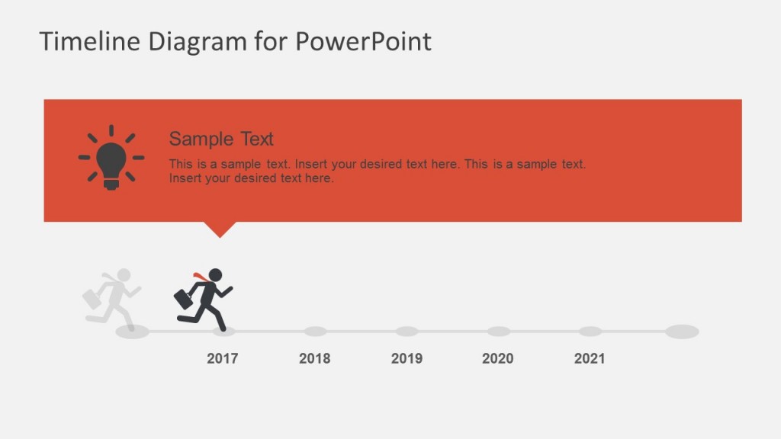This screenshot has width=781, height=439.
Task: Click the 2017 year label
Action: pos(222,358)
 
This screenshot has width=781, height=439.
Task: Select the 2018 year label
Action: pos(314,358)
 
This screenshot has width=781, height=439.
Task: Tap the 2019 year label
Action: pos(407,358)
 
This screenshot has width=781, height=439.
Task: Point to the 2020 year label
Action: pos(498,358)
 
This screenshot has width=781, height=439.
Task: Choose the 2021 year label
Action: pos(590,358)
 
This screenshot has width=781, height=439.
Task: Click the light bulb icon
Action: pos(111,158)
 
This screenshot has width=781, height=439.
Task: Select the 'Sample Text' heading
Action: pos(221,139)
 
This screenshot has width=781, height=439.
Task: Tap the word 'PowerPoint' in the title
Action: pos(363,41)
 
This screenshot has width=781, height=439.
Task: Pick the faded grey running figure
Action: pos(114,299)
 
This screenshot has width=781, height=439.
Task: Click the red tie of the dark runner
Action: pos(199,276)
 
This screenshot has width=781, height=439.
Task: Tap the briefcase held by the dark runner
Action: pos(183,300)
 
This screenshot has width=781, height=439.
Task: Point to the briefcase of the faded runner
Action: pos(92,299)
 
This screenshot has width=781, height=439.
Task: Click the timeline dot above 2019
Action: pos(407,332)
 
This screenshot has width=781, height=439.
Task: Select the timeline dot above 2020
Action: pos(498,332)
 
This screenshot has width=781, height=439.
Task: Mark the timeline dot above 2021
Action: pos(590,332)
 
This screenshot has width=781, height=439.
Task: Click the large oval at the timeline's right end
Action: pos(682,332)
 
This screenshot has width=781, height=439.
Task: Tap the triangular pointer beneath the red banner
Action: pos(220,229)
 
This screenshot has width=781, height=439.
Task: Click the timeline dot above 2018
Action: pos(315,332)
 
